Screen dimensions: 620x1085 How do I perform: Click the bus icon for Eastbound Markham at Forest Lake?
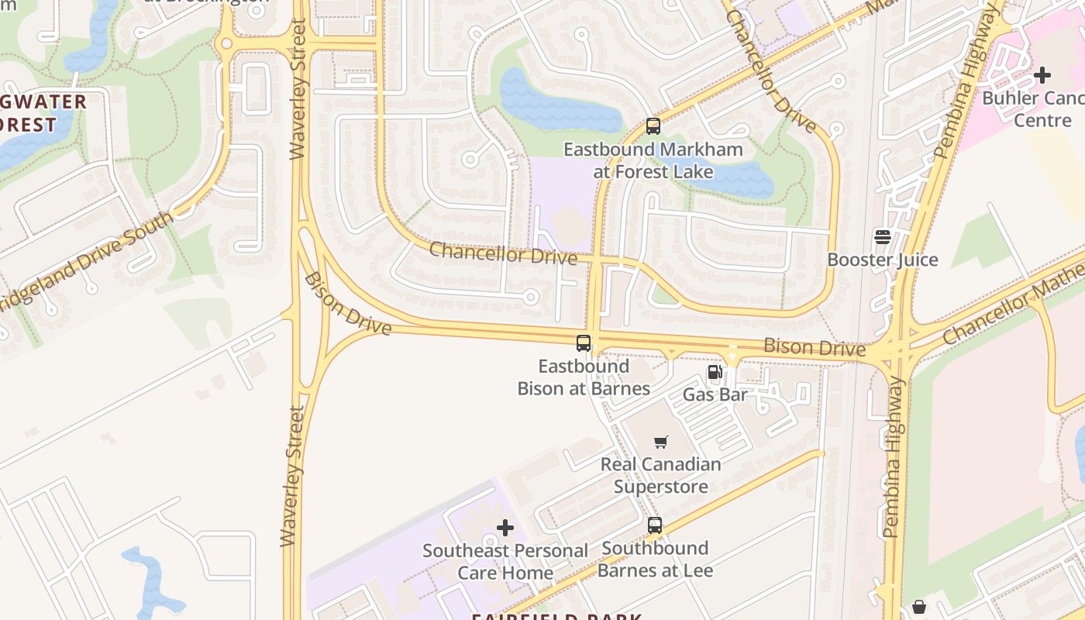click(653, 126)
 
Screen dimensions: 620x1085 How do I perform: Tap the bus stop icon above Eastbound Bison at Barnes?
click(584, 343)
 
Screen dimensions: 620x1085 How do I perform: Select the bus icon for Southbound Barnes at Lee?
click(655, 525)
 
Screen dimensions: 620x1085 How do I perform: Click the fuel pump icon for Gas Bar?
click(715, 372)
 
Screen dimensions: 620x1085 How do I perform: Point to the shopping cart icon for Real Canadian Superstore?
click(661, 442)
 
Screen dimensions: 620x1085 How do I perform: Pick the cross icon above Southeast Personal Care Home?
click(505, 529)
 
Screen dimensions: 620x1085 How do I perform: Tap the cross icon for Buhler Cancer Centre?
click(1042, 75)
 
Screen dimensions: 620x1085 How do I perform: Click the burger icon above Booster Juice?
click(883, 236)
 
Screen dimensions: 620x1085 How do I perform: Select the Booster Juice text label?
click(883, 260)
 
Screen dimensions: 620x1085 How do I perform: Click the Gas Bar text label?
click(715, 394)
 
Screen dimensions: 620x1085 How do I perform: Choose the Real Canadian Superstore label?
click(661, 475)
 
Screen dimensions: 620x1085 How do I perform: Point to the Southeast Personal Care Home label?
click(505, 562)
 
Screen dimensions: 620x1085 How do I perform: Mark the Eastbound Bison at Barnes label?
click(584, 377)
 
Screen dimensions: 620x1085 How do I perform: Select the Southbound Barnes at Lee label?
click(655, 560)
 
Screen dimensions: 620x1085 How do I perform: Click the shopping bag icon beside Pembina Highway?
click(919, 606)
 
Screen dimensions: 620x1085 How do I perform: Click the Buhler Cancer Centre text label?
click(1032, 109)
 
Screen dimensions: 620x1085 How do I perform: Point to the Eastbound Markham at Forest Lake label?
click(653, 160)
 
